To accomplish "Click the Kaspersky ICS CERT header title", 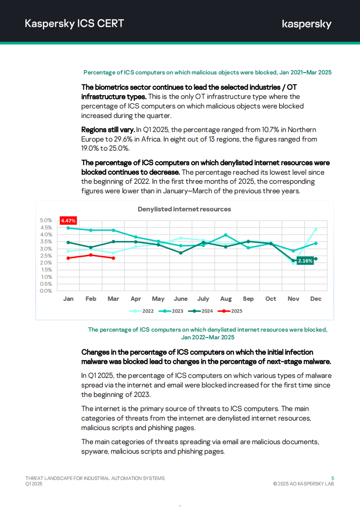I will [74, 24].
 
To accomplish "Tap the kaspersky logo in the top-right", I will [306, 24].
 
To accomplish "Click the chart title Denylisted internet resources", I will [184, 209].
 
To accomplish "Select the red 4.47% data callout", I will [68, 220].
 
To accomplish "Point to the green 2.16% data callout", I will [305, 261].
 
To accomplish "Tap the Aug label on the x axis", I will [226, 299].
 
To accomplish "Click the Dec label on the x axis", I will [316, 299].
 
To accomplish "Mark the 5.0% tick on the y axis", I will [46, 220].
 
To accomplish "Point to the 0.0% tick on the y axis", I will [46, 291].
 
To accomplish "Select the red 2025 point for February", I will [91, 255].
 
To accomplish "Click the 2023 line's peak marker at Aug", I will [226, 235].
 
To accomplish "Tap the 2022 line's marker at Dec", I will [316, 230].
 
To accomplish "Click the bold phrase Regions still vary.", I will [108, 130].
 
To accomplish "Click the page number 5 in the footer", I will [333, 478].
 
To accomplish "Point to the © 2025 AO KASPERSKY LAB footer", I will [304, 484].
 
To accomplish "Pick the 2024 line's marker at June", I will [181, 253].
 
